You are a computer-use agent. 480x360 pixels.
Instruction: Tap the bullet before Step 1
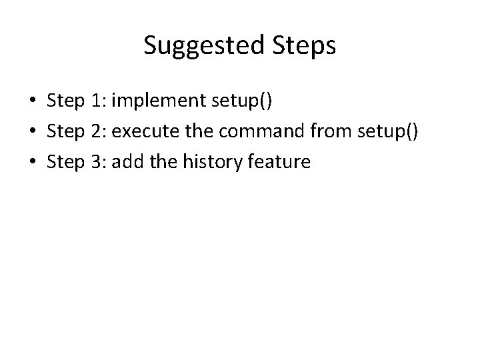click(x=31, y=101)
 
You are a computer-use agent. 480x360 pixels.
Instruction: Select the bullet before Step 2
click(x=31, y=131)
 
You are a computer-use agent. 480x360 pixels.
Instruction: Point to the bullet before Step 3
click(x=31, y=161)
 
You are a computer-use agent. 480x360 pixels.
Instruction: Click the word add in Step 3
click(x=127, y=161)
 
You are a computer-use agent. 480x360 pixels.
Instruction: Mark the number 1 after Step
click(x=98, y=101)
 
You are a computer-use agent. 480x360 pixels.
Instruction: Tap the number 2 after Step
click(x=99, y=131)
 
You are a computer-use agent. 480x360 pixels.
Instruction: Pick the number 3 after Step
click(x=99, y=161)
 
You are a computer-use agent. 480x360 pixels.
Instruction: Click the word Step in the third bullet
click(x=65, y=161)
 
